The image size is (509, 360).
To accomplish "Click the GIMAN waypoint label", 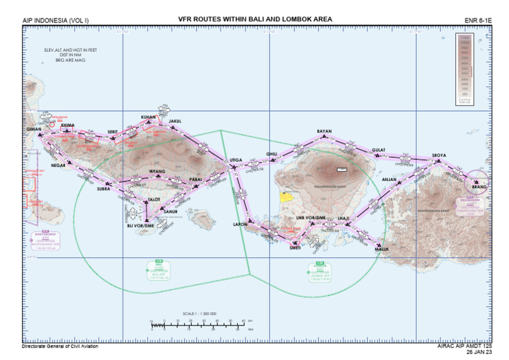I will [34, 129].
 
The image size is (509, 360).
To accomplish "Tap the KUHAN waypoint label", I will [148, 117].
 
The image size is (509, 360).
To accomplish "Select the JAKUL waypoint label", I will [175, 121].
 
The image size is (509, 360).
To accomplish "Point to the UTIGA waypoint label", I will [236, 160].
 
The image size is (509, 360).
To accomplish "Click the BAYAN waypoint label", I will [324, 131].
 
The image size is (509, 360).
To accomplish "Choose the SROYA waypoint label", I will [439, 156].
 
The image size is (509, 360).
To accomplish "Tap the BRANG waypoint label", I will [479, 187].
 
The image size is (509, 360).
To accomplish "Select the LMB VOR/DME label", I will [310, 217].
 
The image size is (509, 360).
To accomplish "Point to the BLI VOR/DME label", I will [140, 225].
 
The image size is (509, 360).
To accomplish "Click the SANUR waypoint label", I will [170, 211].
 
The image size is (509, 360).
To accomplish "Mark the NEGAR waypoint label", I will [58, 165].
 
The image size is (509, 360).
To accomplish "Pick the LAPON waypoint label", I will [240, 224].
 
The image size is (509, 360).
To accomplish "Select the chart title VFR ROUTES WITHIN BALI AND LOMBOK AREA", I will [255, 19].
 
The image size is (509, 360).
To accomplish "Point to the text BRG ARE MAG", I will [71, 60].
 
